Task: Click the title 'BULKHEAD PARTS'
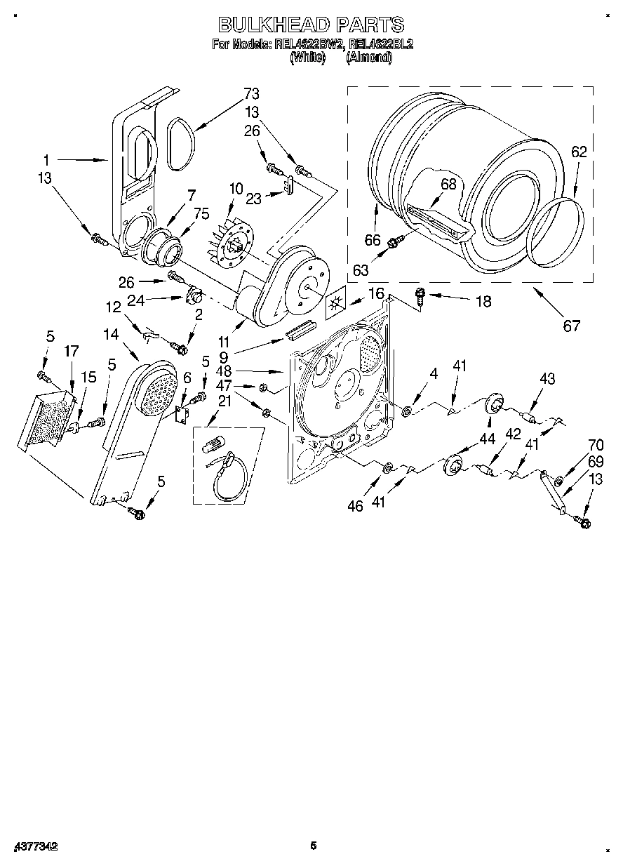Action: click(311, 25)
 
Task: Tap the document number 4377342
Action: click(34, 846)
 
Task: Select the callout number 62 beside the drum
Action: click(578, 151)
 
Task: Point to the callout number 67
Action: click(572, 326)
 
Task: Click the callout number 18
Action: click(483, 301)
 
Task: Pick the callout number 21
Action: click(224, 401)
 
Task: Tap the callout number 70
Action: click(595, 444)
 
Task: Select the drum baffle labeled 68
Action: click(440, 220)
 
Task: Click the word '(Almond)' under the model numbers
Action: click(369, 58)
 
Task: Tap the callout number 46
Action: click(356, 505)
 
